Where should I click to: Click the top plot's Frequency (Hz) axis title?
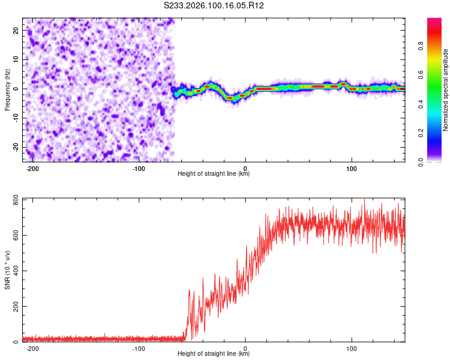(7, 89)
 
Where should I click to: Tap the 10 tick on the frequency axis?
(16, 59)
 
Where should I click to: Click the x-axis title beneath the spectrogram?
(214, 174)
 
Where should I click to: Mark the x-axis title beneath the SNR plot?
(214, 354)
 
